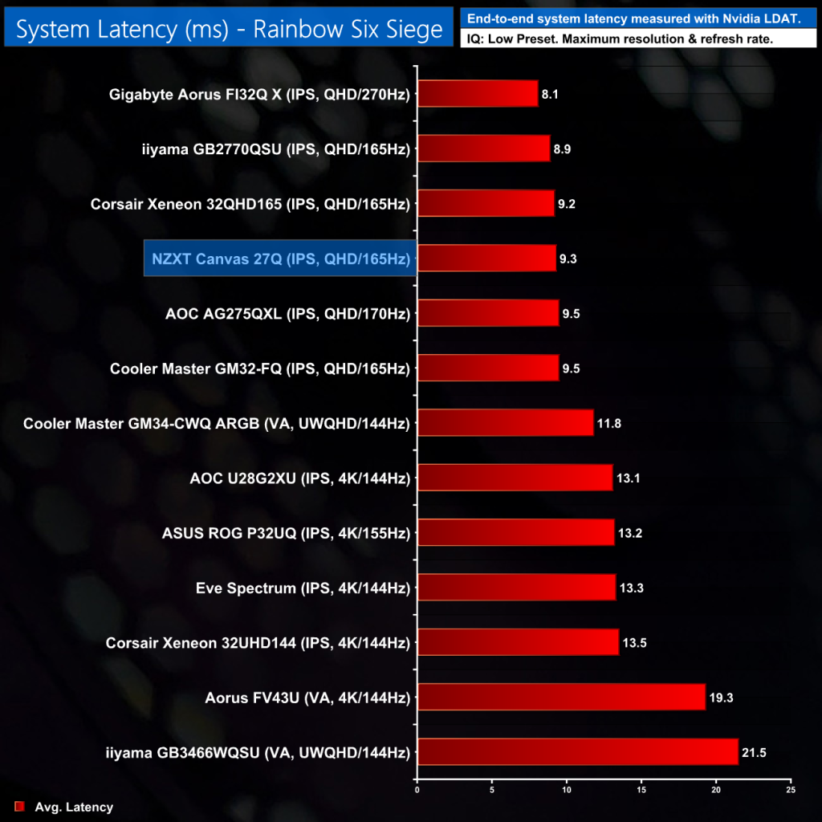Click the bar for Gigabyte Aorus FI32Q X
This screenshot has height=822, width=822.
(x=478, y=94)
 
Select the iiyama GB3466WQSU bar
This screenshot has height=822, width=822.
(x=577, y=752)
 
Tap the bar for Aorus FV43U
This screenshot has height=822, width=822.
(x=561, y=697)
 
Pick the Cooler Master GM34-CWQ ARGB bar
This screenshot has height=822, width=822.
(x=505, y=422)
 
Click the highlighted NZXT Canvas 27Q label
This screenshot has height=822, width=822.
(x=280, y=258)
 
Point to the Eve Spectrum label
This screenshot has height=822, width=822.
(x=302, y=588)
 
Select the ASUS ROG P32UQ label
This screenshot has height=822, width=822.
(x=286, y=533)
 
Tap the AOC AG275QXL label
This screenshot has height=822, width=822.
(x=287, y=313)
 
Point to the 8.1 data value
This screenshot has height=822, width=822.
(x=550, y=94)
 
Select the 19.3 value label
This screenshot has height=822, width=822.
(x=719, y=698)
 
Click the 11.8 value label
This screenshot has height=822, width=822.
(x=608, y=423)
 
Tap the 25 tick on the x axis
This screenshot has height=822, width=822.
(x=791, y=790)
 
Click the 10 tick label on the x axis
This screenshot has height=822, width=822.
(x=567, y=790)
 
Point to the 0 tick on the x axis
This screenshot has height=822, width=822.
(x=417, y=790)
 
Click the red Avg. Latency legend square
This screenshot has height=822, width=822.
(x=20, y=807)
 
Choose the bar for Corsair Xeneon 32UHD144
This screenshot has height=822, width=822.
(x=518, y=642)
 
